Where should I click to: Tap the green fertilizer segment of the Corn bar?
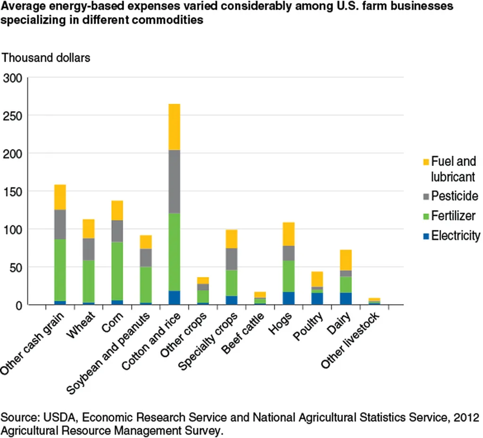117,271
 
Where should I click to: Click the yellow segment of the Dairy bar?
346,260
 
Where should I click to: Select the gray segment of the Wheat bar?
89,249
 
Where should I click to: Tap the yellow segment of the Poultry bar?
317,279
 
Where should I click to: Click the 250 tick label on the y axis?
13,116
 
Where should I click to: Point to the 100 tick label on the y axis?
13,230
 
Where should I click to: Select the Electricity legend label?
456,236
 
